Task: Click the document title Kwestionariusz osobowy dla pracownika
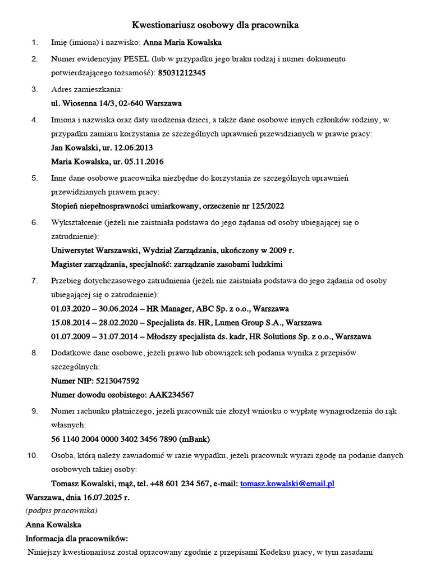coord(215,25)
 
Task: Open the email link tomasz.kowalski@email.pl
coord(287,484)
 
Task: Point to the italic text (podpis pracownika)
coord(61,510)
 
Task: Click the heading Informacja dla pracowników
coord(77,539)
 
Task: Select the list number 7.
coord(34,280)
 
